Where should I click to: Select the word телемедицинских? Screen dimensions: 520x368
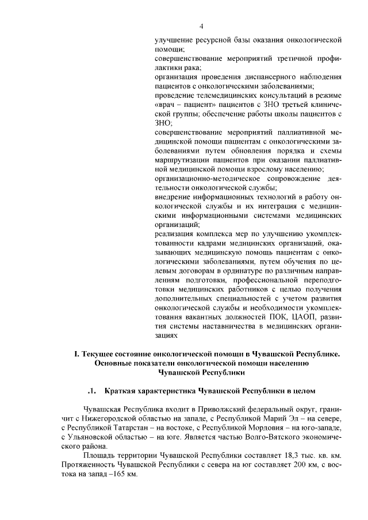(221, 94)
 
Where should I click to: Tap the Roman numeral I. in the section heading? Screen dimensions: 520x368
(77, 354)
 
